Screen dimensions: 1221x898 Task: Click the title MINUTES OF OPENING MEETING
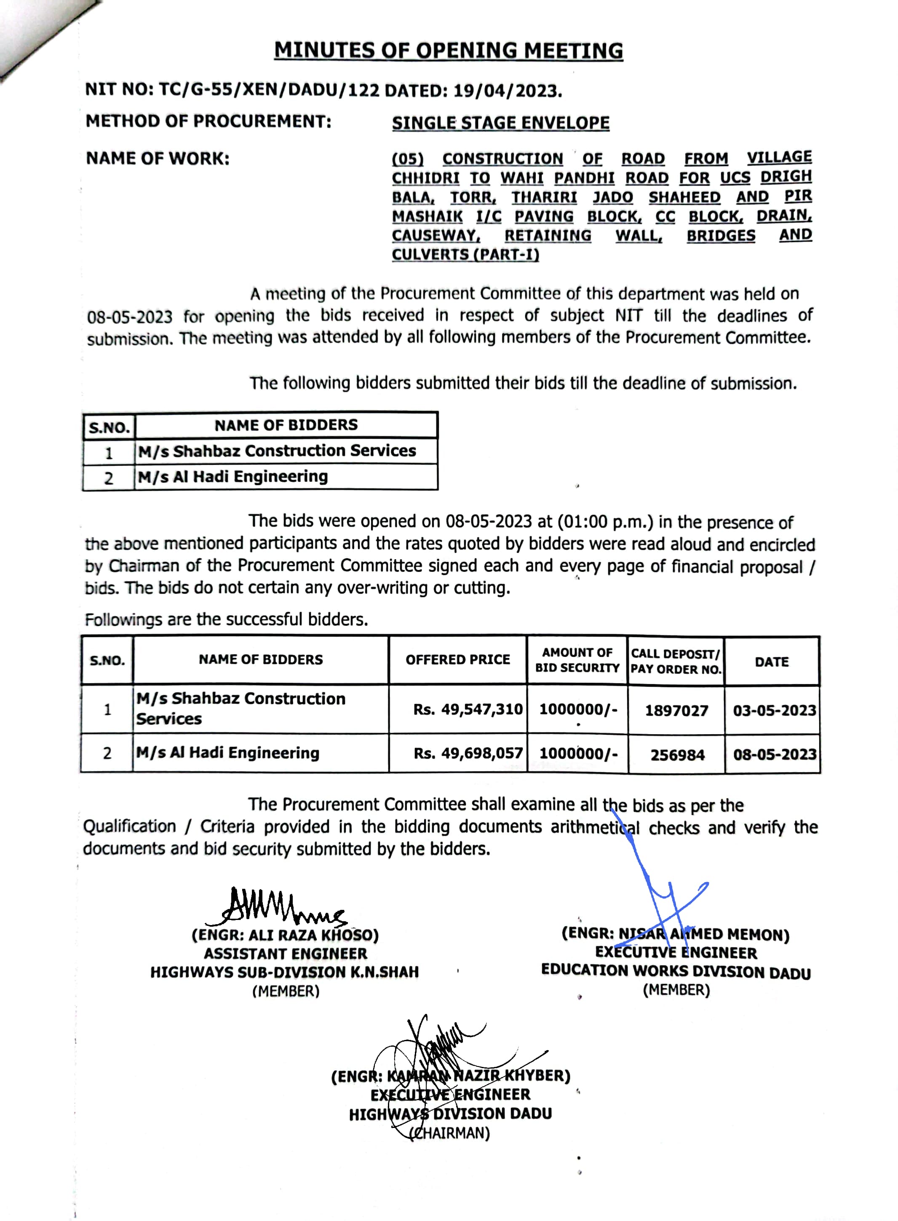449,51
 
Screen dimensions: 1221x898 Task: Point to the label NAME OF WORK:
158,159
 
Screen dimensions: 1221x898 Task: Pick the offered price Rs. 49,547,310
468,709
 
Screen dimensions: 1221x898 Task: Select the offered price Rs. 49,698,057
468,753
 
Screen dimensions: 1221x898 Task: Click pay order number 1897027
676,711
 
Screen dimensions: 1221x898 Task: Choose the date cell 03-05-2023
774,710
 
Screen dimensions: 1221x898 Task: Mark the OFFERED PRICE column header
458,660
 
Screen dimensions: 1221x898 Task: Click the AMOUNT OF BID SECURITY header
577,660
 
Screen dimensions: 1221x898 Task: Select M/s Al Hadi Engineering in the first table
233,477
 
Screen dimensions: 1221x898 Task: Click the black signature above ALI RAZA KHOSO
277,907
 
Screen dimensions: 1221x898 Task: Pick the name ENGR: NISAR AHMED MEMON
675,934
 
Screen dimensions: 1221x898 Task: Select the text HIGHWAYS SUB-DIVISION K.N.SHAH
285,972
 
